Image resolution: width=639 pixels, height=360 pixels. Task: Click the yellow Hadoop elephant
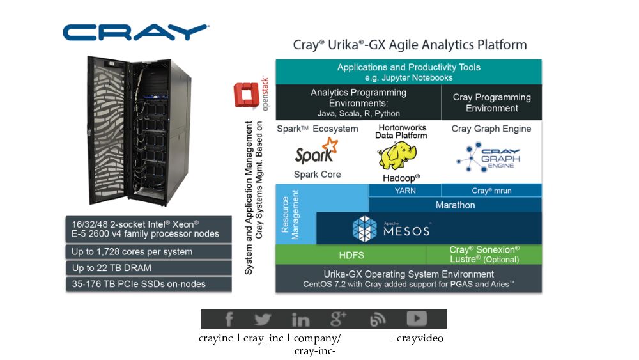tap(399, 157)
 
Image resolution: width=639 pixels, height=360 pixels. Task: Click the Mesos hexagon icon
tap(366, 228)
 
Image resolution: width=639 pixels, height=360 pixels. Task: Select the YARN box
tap(405, 191)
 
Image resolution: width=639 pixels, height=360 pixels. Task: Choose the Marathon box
tap(455, 205)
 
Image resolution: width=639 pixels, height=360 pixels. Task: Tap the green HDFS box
tap(351, 254)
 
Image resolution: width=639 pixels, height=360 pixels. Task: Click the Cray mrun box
tap(491, 191)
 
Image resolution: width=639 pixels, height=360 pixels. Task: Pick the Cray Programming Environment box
tap(491, 103)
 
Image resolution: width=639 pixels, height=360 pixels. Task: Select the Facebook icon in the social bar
tap(228, 320)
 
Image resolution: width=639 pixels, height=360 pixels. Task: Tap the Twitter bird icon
tap(263, 320)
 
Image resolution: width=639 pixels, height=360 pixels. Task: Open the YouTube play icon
tap(417, 319)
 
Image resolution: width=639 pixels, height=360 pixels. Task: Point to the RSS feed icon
tap(378, 320)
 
